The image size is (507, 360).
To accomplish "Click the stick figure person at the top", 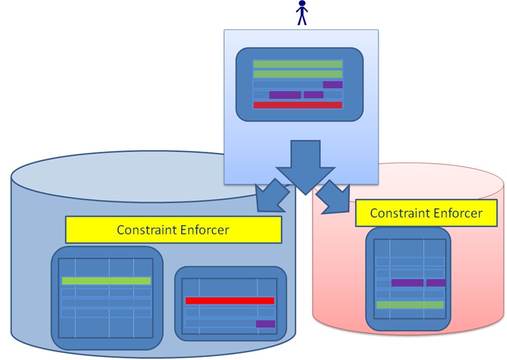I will point(302,13).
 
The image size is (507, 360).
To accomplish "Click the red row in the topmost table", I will point(298,105).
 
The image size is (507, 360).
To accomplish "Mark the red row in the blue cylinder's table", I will point(229,300).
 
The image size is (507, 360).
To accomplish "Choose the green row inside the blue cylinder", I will point(106,281).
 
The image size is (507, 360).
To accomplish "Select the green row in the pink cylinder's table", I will point(410,304).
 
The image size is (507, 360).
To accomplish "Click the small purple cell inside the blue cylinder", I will point(266,324).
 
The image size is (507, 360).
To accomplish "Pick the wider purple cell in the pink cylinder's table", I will point(407,283).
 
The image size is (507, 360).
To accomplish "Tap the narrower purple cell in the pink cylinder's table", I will point(435,283).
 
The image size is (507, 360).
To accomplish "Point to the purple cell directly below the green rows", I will point(333,85).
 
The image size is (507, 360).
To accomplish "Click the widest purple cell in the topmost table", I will point(285,95).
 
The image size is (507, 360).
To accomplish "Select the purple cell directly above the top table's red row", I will point(314,95).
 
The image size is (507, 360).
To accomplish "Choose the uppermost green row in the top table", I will point(298,64).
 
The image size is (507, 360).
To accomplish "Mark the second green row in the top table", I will point(298,74).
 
